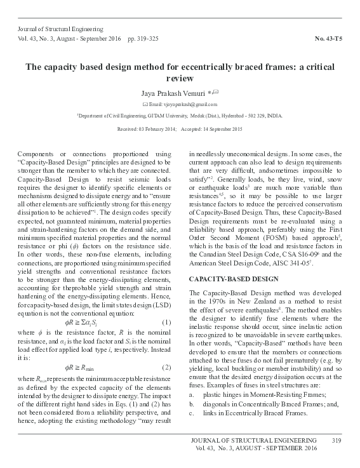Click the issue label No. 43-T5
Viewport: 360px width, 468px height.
click(331, 39)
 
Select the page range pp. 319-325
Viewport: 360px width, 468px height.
click(146, 39)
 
